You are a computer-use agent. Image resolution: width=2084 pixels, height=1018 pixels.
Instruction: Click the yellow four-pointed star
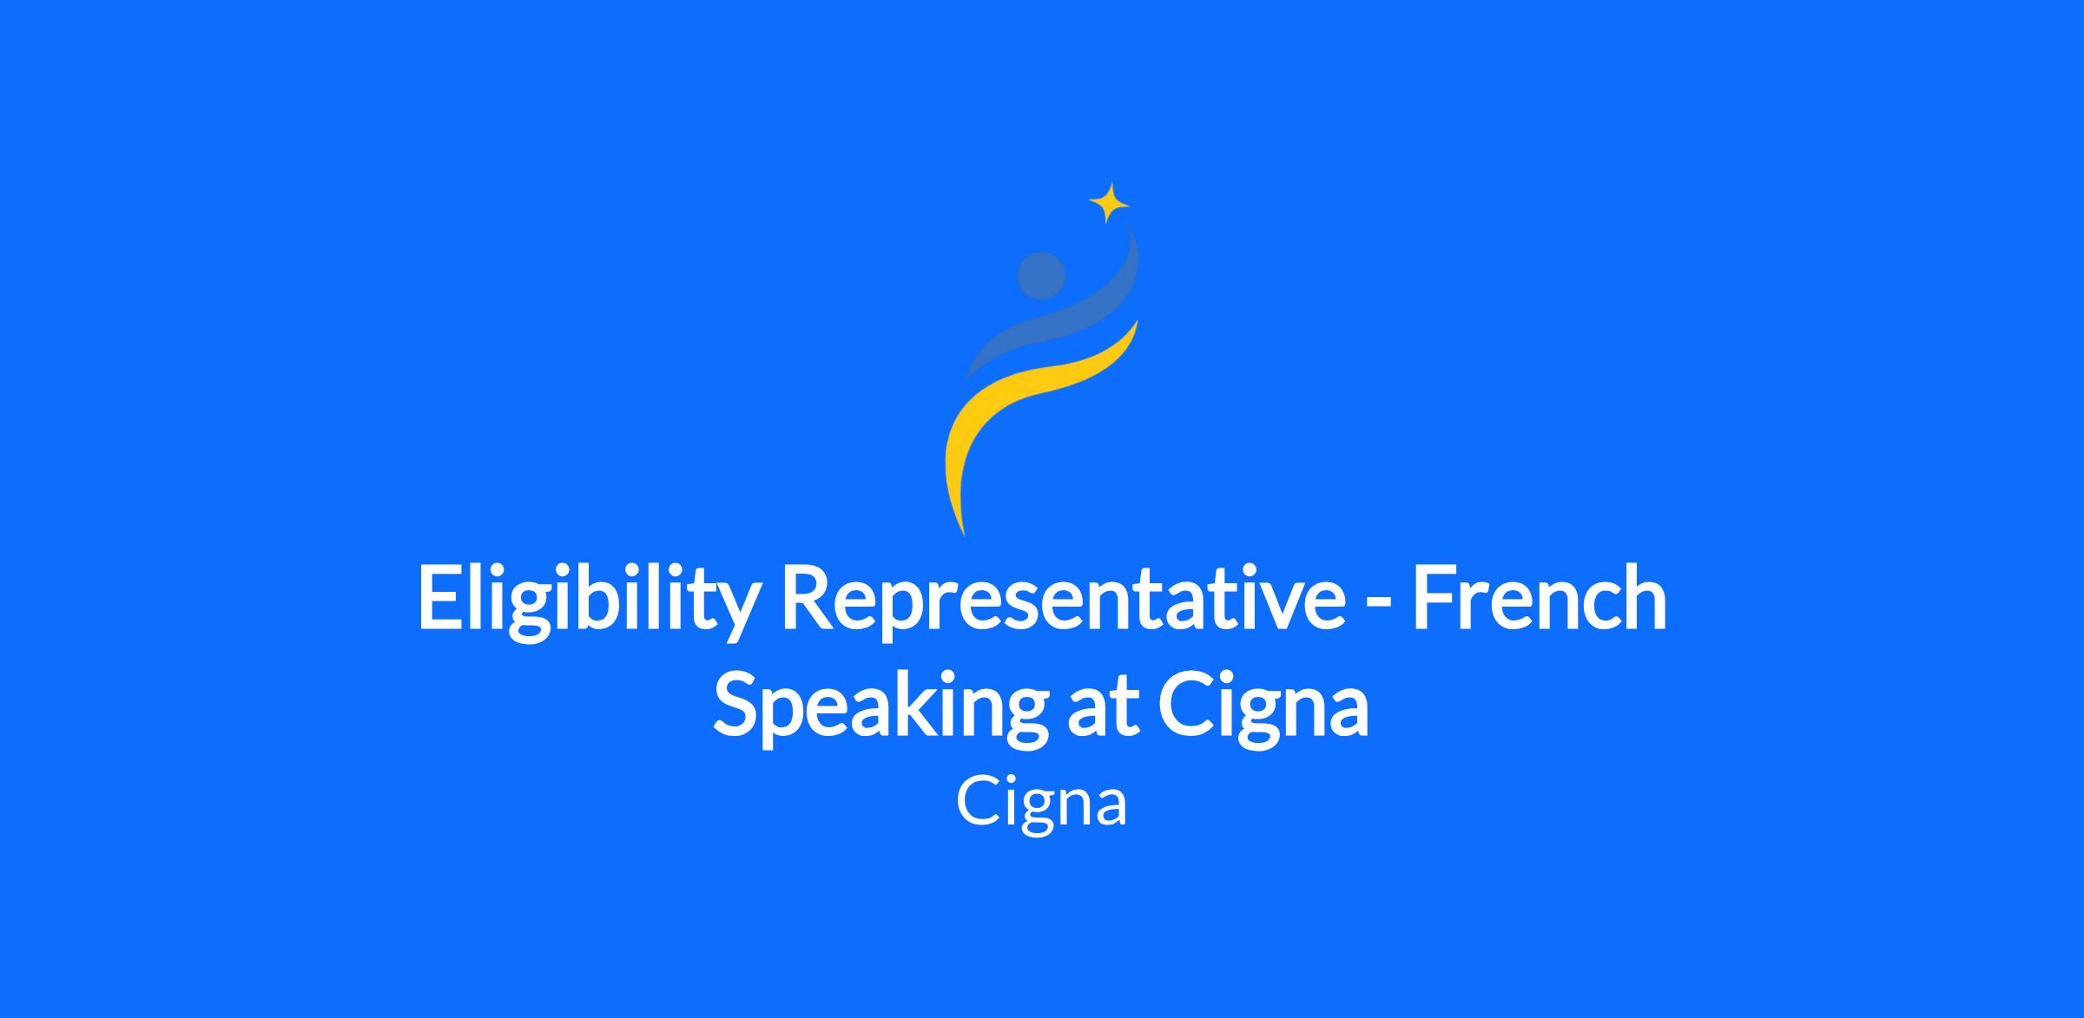pyautogui.click(x=1109, y=204)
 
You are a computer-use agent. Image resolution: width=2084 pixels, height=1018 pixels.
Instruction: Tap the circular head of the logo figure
pyautogui.click(x=1041, y=276)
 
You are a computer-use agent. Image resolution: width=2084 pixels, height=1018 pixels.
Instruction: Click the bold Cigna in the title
pyautogui.click(x=1264, y=706)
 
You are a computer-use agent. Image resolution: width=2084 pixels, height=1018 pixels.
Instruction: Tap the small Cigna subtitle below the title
pyautogui.click(x=1041, y=803)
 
